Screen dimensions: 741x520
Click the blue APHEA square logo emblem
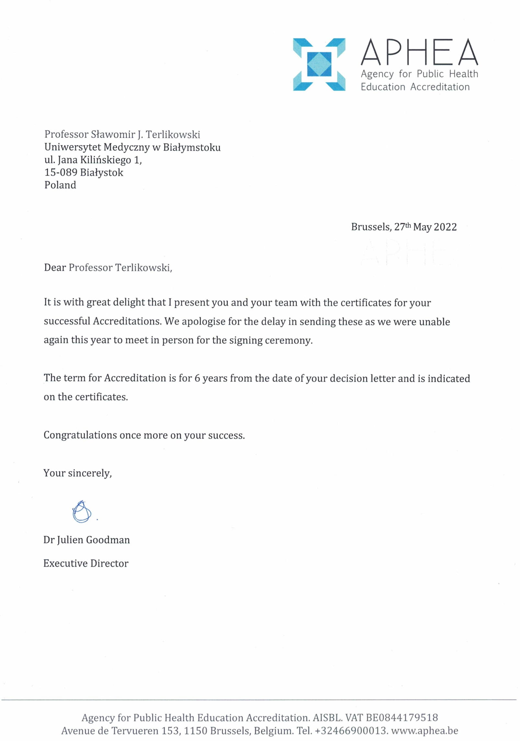[x=319, y=64]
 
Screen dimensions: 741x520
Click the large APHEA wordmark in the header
[x=419, y=52]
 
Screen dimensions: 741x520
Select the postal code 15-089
[x=61, y=172]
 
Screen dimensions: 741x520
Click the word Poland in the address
[x=60, y=185]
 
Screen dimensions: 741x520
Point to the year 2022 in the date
[x=445, y=227]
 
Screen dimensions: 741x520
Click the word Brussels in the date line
[x=371, y=227]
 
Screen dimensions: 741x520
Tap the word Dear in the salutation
[x=55, y=268]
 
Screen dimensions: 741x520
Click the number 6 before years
[x=197, y=378]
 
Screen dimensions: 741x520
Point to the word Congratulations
[x=80, y=435]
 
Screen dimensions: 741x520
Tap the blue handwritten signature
[x=82, y=512]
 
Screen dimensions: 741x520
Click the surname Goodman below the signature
[x=108, y=540]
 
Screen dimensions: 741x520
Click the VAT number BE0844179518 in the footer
[x=401, y=717]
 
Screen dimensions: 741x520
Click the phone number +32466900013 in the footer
[x=351, y=731]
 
